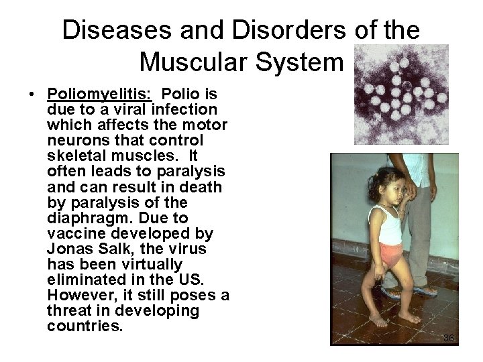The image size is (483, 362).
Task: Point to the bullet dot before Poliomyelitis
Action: point(32,94)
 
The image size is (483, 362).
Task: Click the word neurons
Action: point(74,140)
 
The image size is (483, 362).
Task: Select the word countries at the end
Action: point(85,327)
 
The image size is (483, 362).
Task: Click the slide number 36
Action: point(449,338)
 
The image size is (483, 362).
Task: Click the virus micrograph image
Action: point(400,95)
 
